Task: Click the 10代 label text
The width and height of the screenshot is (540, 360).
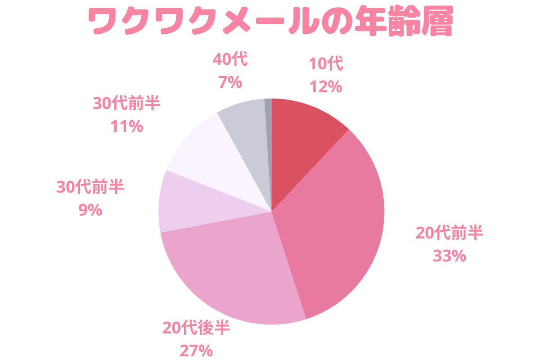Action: tap(326, 64)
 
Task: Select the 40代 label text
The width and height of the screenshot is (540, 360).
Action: tap(230, 59)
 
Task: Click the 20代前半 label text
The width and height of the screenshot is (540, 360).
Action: tap(449, 234)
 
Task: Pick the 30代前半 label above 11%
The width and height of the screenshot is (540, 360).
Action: tap(126, 103)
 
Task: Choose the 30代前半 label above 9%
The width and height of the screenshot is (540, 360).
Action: tap(90, 187)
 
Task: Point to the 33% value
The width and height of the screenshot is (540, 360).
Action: tap(449, 256)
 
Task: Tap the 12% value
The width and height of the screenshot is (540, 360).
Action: tap(326, 86)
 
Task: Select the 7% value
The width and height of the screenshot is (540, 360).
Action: tap(230, 82)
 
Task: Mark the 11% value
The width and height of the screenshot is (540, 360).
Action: tap(126, 126)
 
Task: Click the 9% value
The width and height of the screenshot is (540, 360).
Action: tap(90, 210)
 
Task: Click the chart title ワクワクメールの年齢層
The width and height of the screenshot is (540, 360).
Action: tap(270, 21)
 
